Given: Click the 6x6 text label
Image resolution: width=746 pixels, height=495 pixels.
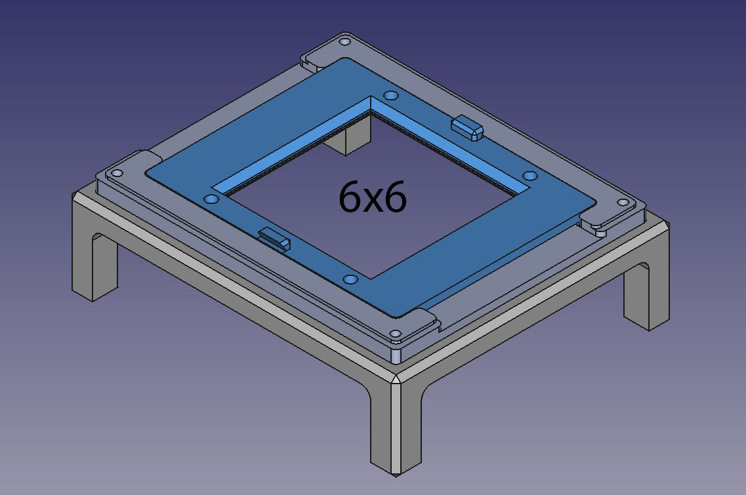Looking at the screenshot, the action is click(x=373, y=197).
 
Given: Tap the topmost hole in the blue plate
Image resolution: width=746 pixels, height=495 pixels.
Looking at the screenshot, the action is click(x=390, y=96).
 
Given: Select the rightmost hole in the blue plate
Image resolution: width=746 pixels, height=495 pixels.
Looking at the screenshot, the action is click(x=530, y=176).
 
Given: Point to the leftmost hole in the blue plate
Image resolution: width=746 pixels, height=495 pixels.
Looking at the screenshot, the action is click(x=211, y=199).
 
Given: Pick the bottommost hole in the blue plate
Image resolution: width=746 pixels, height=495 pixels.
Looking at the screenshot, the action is click(x=350, y=279).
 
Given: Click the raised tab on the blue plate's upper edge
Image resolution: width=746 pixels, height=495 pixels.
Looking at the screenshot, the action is click(x=468, y=127).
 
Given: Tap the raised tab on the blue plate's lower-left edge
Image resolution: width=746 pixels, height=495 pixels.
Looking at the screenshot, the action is click(x=274, y=237).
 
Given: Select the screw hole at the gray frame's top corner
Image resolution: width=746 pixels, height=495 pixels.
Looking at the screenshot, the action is click(x=344, y=42).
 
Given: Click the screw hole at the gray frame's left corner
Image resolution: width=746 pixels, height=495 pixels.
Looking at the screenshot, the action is click(x=117, y=173).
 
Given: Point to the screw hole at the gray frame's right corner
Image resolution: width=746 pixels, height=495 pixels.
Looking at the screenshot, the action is click(x=623, y=203).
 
